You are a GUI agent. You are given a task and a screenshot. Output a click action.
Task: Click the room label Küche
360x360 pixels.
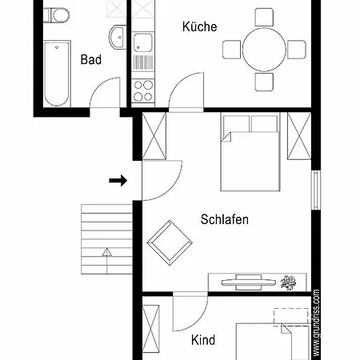pyautogui.click(x=199, y=26)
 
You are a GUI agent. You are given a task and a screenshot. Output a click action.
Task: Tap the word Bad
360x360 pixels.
pyautogui.click(x=91, y=59)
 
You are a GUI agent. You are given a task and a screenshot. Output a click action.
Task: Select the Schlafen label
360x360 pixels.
pyautogui.click(x=225, y=219)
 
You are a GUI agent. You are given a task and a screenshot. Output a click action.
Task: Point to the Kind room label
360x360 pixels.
pyautogui.click(x=203, y=340)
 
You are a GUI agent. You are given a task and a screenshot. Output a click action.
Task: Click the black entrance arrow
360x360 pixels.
pyautogui.click(x=118, y=181)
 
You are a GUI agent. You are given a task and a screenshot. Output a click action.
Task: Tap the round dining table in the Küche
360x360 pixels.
pyautogui.click(x=264, y=50)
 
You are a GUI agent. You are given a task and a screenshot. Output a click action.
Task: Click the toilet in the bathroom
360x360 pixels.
pyautogui.click(x=57, y=15)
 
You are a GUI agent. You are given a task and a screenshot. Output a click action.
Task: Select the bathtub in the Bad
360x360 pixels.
pyautogui.click(x=57, y=74)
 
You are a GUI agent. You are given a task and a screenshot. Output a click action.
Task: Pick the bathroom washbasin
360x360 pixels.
pyautogui.click(x=118, y=37)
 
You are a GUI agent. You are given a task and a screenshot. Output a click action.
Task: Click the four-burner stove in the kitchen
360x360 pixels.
pyautogui.click(x=143, y=90)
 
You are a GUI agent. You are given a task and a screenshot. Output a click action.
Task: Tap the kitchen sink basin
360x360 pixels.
pyautogui.click(x=143, y=42)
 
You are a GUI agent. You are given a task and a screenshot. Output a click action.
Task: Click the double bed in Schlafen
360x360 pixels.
pyautogui.click(x=250, y=151)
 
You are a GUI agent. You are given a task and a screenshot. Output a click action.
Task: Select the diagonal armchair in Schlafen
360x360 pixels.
pyautogui.click(x=170, y=242)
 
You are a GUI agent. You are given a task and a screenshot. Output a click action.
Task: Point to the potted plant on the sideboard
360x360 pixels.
pyautogui.click(x=288, y=282)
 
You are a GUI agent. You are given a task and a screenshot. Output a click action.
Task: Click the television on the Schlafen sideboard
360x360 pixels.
pyautogui.click(x=248, y=282)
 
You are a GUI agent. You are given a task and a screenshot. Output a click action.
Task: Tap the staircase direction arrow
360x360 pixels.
pyautogui.click(x=106, y=261)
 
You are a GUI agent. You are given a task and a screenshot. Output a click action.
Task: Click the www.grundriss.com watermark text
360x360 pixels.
pyautogui.click(x=316, y=322)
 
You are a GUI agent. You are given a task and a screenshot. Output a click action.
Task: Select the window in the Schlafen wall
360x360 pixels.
pyautogui.click(x=316, y=190)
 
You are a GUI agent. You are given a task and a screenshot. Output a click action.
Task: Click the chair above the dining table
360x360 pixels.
pyautogui.click(x=264, y=18)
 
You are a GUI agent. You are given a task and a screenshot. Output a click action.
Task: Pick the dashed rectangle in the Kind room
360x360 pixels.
pyautogui.click(x=291, y=318)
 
